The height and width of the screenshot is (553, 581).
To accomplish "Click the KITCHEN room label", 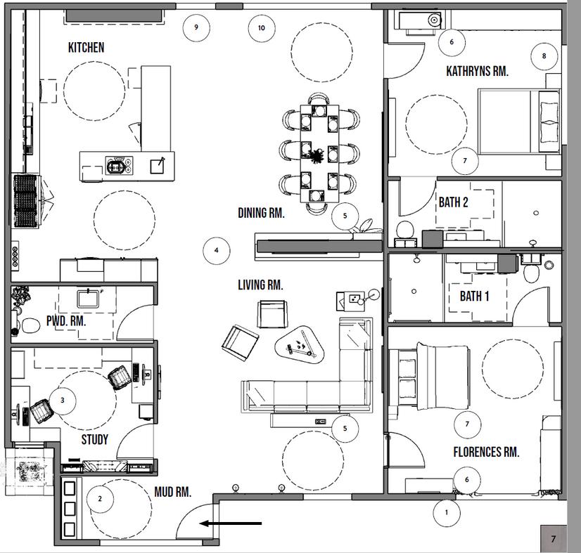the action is click(x=86, y=47).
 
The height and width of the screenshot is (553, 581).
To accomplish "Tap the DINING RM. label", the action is click(x=261, y=213).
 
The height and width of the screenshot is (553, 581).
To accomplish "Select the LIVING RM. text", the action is click(x=260, y=285).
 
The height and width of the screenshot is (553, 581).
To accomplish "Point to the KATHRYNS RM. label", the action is click(x=477, y=71).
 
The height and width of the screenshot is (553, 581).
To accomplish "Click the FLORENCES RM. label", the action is click(x=486, y=452).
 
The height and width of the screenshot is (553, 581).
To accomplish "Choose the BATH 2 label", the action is click(x=453, y=202).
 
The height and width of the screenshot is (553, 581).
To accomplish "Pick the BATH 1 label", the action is click(x=474, y=296).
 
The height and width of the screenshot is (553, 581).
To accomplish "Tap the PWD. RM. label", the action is click(x=66, y=320).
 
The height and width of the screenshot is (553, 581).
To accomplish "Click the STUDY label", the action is click(x=94, y=439).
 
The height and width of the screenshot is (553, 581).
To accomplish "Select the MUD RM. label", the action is click(x=172, y=492).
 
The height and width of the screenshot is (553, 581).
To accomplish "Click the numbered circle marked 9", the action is click(x=196, y=27).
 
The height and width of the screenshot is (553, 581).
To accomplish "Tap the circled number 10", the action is click(x=262, y=28).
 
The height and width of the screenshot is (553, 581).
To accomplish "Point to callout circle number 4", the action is click(x=217, y=251).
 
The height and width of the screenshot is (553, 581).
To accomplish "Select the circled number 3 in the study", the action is click(x=62, y=400).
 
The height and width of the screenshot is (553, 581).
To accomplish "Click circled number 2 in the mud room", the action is click(x=100, y=499).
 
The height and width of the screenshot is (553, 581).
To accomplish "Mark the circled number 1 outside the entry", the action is click(x=447, y=513).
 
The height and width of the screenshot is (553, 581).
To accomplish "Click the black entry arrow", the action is click(x=231, y=523).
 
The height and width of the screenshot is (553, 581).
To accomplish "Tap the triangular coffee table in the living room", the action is click(x=300, y=343).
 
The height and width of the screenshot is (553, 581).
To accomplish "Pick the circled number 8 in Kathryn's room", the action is click(x=544, y=56).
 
